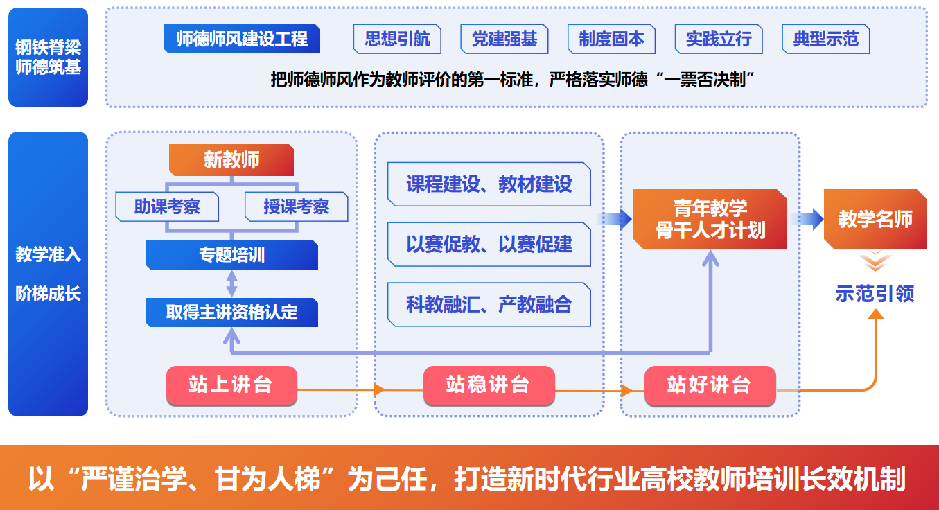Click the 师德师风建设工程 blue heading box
coord(241,39)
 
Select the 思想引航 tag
coord(397,39)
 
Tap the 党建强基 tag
coord(504,39)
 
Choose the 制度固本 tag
coord(611,39)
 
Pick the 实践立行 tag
coord(719,39)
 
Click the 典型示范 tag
coord(825,39)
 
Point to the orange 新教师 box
coord(231,160)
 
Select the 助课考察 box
coord(167,206)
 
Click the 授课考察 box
coord(296,206)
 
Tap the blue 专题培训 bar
coord(231,255)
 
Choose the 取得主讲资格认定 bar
coord(231,313)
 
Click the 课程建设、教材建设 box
coord(489,184)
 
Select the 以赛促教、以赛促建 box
coord(489,244)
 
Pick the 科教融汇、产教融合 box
coord(489,304)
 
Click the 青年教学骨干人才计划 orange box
coord(710,219)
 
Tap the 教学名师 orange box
coord(875,219)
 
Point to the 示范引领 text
coord(875,293)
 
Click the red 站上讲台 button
coord(231,385)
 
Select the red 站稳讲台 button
coord(489,385)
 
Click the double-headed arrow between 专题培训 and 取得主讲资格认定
coord(231,283)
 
